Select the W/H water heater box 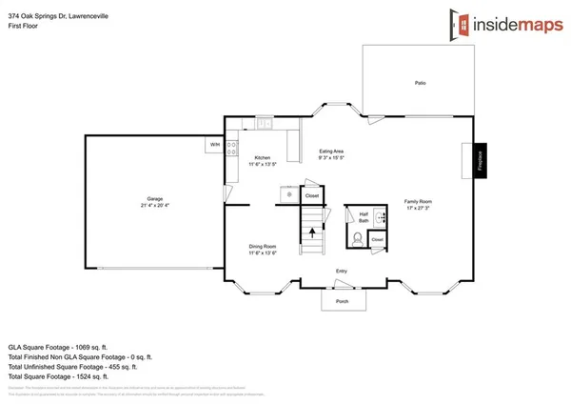(215, 145)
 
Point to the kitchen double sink (264, 124)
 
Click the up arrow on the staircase (310, 249)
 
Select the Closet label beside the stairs (311, 195)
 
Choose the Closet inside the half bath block (377, 240)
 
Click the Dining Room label (263, 250)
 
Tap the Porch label (341, 302)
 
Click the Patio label (420, 83)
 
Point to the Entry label (341, 272)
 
